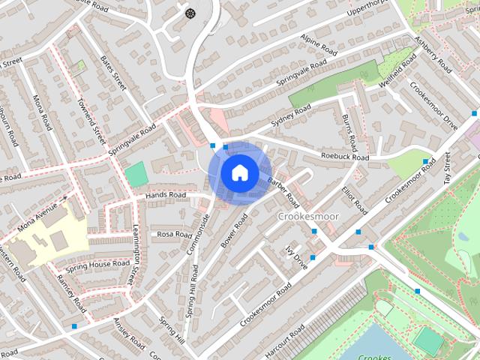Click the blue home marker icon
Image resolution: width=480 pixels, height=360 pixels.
238,172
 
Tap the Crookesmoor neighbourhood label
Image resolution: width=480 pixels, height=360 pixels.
309,216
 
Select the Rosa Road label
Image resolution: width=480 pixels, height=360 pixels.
175,234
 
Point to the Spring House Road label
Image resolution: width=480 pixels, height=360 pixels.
97,265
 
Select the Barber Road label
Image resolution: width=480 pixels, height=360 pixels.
283,191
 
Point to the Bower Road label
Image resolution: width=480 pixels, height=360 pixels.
234,231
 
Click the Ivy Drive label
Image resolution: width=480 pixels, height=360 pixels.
297,257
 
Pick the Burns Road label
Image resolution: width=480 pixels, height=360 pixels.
350,130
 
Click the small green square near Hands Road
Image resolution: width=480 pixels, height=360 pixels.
136,174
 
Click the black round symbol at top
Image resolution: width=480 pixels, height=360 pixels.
190,13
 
